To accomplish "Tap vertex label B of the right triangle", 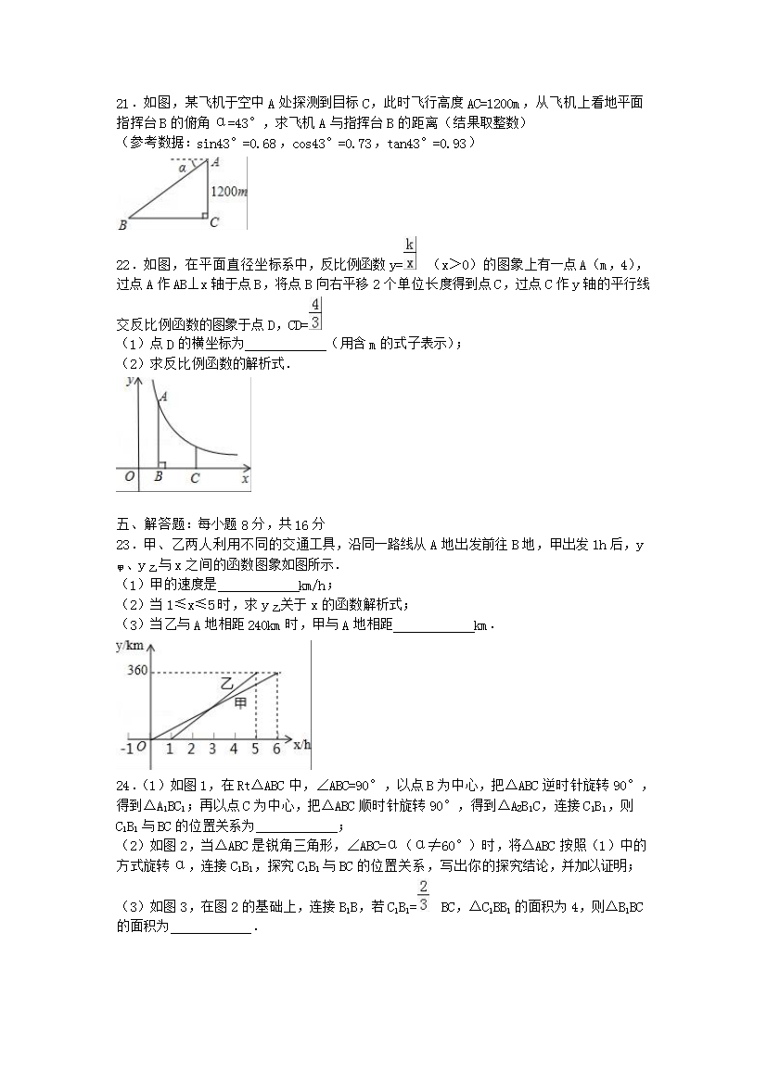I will coord(122,224).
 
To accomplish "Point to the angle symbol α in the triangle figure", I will coord(182,168).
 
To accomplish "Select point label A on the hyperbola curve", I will coord(163,397).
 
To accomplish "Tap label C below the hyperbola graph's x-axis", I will coord(194,478).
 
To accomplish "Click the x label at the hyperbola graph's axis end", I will coord(245,479).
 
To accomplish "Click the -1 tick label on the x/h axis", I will coord(127,748).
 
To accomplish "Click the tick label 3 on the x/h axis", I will coord(212,749).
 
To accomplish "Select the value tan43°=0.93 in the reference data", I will coord(427,143).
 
